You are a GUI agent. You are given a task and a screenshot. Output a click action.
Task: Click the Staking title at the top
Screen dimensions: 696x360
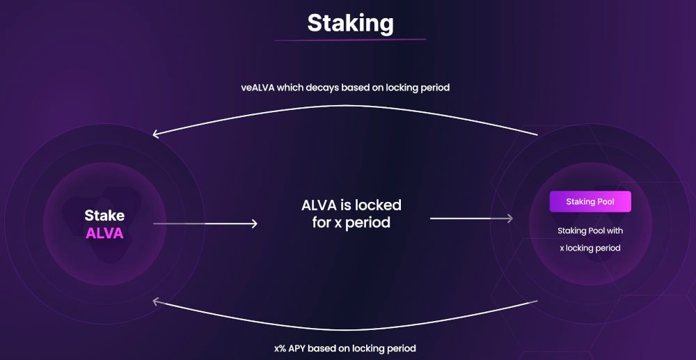tap(350, 24)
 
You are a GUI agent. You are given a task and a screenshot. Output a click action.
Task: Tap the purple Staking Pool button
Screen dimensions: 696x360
tap(590, 201)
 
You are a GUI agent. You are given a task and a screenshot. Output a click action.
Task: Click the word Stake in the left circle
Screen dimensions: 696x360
tap(104, 216)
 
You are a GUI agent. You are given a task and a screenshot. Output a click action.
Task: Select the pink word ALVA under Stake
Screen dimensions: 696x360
tap(104, 233)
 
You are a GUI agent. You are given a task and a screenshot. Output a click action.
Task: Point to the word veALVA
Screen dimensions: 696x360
tap(258, 88)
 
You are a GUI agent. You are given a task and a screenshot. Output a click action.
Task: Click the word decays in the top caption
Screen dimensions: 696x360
tap(323, 88)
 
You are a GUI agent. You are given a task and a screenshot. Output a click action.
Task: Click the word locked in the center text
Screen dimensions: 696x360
tap(379, 205)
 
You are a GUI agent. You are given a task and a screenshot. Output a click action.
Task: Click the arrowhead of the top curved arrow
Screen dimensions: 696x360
tap(156, 134)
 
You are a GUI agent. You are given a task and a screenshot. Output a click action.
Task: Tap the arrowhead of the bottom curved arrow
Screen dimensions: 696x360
tap(156, 302)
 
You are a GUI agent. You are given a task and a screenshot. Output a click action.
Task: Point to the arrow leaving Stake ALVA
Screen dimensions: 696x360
tap(205, 224)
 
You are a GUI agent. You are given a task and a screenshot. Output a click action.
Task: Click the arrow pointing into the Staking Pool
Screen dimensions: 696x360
tap(471, 219)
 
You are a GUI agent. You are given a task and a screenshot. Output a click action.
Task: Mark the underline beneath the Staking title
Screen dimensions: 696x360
tap(350, 40)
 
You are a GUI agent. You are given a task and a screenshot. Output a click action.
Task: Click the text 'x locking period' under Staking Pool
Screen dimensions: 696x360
tap(590, 248)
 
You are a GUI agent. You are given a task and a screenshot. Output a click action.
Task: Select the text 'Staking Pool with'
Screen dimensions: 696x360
tap(590, 230)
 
